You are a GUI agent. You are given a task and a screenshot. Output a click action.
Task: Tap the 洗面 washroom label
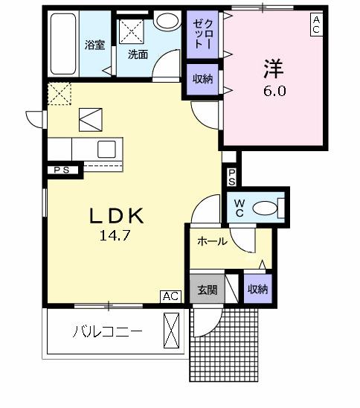click(x=137, y=54)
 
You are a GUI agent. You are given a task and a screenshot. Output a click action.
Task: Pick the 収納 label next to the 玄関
click(x=257, y=289)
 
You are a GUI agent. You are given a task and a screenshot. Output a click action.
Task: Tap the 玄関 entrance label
click(x=207, y=289)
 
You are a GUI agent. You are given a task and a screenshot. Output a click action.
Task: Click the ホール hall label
click(x=212, y=241)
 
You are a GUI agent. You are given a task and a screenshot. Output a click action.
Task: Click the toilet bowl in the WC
click(x=267, y=207)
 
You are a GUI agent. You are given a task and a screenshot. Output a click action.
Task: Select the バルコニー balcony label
click(x=106, y=331)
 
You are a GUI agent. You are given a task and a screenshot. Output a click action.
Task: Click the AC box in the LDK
click(x=171, y=297)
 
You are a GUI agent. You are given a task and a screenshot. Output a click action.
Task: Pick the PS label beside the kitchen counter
click(x=62, y=170)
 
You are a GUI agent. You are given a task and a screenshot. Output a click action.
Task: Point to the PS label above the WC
click(x=231, y=177)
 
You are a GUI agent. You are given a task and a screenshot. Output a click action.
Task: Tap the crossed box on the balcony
click(x=172, y=329)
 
